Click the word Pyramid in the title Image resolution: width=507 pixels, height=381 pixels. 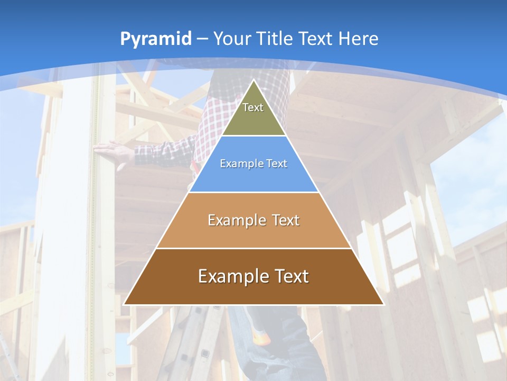pos(156,39)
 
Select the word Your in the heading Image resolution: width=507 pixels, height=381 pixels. pos(232,39)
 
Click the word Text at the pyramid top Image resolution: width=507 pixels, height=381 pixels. pos(253,107)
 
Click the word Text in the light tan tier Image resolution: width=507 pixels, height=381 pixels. pos(283,220)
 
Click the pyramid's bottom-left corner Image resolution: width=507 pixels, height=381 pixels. pos(125,304)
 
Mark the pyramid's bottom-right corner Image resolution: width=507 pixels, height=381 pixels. pos(383,304)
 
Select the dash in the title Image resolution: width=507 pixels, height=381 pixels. pos(202,39)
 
